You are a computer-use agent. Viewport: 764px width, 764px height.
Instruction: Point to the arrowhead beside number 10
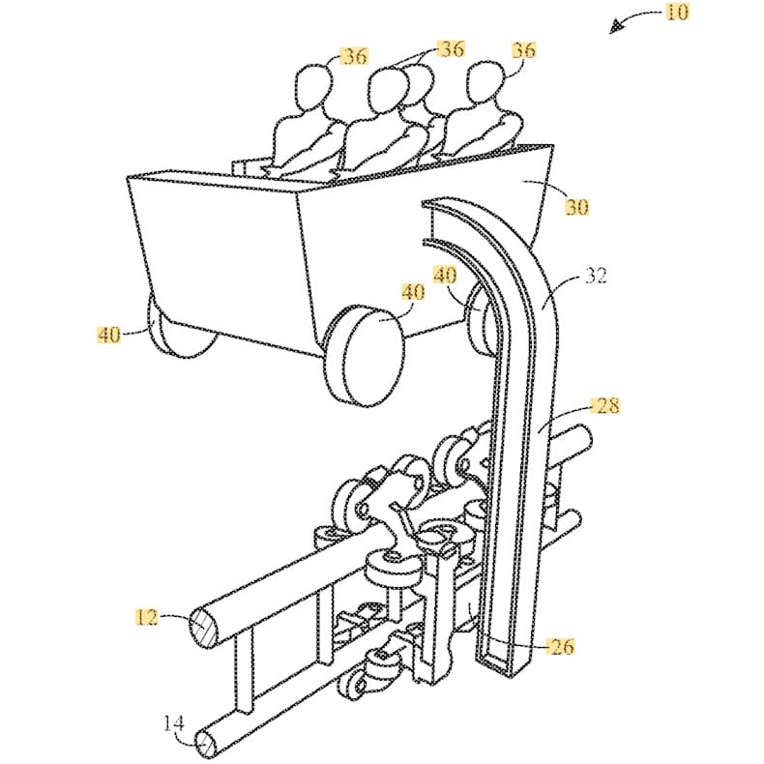pos(613,29)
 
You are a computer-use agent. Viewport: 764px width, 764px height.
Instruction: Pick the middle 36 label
pos(451,47)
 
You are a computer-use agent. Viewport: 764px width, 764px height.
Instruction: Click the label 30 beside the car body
pos(578,206)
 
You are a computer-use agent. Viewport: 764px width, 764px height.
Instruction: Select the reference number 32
pos(596,276)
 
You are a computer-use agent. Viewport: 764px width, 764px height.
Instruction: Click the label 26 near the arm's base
pos(560,646)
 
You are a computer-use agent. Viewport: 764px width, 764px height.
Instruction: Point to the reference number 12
pos(145,614)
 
